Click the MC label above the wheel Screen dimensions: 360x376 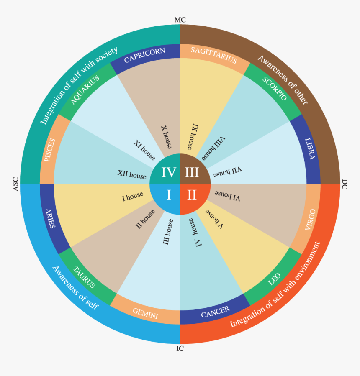[180, 20]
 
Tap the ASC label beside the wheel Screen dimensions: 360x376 [15, 184]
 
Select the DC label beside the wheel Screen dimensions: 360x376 [345, 184]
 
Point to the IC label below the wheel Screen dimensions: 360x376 [180, 348]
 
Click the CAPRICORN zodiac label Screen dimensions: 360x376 [144, 55]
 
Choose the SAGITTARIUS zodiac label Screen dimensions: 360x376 [214, 55]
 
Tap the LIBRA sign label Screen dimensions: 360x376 [310, 149]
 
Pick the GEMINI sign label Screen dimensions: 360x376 [145, 313]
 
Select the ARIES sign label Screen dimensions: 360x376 [50, 218]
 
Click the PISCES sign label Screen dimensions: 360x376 [50, 150]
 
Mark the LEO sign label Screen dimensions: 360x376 [274, 279]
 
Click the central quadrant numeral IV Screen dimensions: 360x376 [169, 172]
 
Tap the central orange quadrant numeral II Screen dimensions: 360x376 [192, 195]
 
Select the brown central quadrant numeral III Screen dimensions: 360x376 [192, 172]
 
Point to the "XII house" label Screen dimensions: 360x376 [132, 174]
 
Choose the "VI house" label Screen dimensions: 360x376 [227, 196]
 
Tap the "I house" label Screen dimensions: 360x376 [132, 197]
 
